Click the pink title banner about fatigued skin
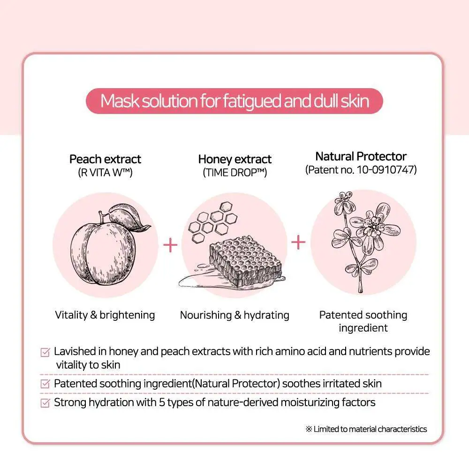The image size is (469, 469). click(x=234, y=101)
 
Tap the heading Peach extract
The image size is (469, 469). click(x=105, y=159)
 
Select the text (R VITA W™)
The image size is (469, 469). click(x=105, y=173)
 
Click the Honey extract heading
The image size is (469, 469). click(x=235, y=159)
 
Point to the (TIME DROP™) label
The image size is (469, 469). click(x=235, y=173)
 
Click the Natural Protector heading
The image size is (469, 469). click(x=361, y=156)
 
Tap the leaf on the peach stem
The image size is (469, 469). click(x=129, y=217)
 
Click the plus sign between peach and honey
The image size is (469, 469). click(x=170, y=245)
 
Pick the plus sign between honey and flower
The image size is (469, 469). click(x=298, y=242)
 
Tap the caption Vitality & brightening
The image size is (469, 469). click(x=105, y=315)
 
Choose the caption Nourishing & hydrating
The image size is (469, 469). click(x=234, y=315)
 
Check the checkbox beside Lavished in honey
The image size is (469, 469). click(x=45, y=352)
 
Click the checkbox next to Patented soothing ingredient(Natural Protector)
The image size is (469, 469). click(x=45, y=384)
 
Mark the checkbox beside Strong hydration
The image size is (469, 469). click(x=45, y=403)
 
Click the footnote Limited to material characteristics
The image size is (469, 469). click(x=366, y=429)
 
